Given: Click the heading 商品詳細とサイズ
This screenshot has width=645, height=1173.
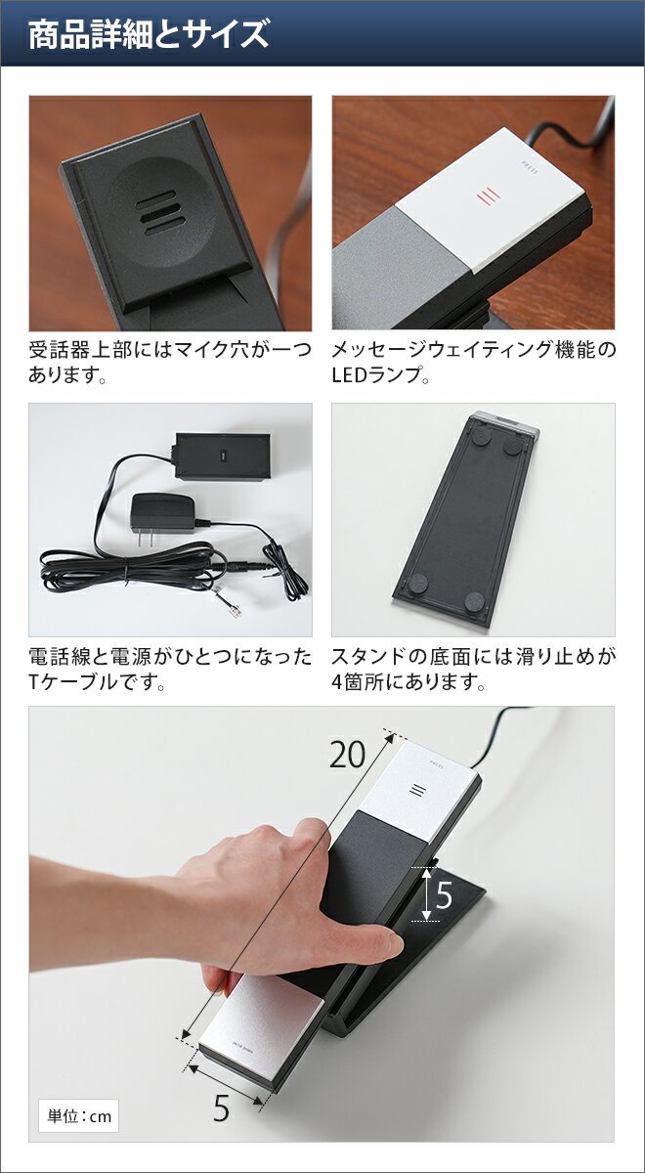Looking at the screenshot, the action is coord(149,34).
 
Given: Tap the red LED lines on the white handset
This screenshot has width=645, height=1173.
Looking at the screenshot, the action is coord(488,196).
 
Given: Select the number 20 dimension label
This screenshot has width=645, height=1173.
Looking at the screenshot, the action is coord(347,755).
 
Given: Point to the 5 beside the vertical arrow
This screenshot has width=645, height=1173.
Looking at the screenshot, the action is coord(444,895).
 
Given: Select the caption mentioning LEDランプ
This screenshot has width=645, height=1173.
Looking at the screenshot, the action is coord(473,362).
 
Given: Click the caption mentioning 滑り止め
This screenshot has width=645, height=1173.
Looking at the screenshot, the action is coord(473,669).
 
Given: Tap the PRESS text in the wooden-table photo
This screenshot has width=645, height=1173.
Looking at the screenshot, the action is coord(530,166).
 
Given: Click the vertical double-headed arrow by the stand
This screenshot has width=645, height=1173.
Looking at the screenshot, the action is coord(427,893).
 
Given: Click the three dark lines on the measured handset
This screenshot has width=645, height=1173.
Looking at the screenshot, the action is coord(418,791).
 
